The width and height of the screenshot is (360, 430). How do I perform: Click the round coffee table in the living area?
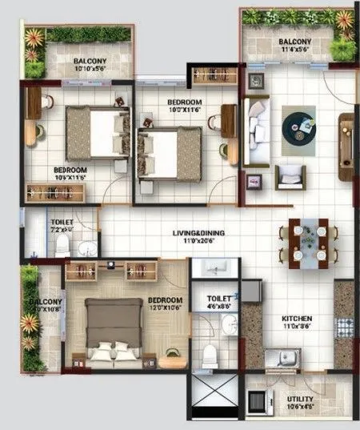pos(298,126)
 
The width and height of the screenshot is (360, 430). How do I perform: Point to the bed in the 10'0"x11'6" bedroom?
pos(170,151)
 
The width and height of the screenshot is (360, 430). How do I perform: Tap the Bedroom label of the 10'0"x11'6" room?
pos(184,103)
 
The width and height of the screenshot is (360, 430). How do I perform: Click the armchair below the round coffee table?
pos(290,176)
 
